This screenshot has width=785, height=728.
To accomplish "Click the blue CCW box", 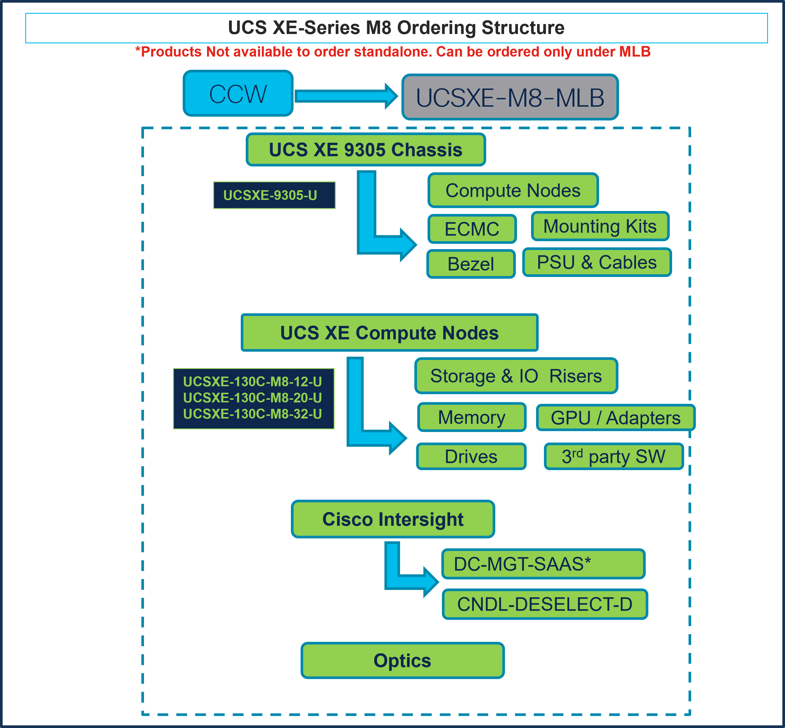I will pos(238,93).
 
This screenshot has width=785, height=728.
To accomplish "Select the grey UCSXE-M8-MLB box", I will pos(510,97).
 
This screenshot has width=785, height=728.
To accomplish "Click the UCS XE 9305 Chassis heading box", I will pos(365,150).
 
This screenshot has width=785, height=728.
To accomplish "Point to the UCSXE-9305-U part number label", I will pos(274,195).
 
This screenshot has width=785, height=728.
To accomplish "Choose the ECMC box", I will pos(472,229).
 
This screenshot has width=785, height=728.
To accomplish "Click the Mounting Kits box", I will pos(600,226).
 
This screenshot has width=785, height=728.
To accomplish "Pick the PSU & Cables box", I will pos(597,262).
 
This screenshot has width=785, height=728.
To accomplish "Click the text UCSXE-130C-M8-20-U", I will pos(252,398).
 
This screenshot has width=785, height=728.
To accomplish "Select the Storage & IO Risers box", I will pos(516,376).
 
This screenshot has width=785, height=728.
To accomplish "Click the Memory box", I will pos(472,417).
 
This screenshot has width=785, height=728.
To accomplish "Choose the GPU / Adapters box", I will pos(615,418).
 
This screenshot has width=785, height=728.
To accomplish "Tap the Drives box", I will pos(471,457).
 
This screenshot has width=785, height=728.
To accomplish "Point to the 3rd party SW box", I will pos(613,457).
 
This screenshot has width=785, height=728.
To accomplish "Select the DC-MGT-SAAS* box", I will pos(543,564).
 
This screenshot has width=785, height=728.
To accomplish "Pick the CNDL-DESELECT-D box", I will pos(545,604).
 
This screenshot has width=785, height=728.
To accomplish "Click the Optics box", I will pos(402,660).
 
